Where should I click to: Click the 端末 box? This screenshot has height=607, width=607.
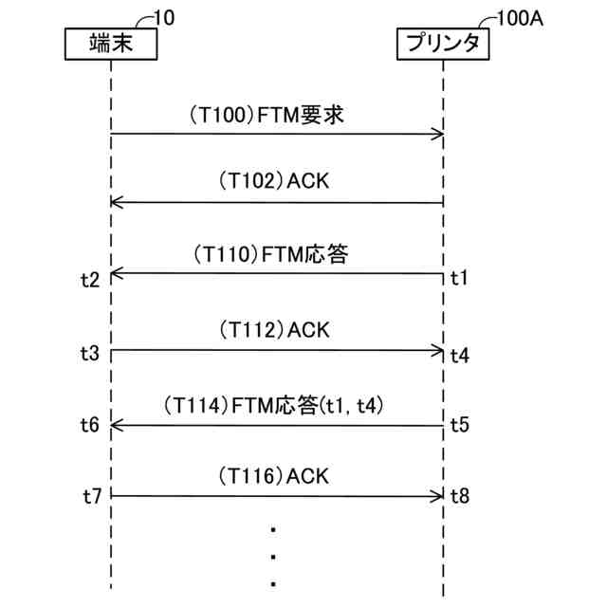[x=111, y=44]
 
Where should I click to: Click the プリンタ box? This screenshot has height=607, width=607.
[x=443, y=44]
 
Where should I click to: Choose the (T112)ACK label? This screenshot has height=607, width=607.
[x=273, y=330]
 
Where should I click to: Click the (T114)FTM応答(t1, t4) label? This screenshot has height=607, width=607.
[x=275, y=406]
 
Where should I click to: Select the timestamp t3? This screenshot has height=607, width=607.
[x=89, y=352]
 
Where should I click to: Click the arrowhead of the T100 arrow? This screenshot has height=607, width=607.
[x=438, y=134]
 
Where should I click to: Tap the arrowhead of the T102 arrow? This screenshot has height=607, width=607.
[x=117, y=202]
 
